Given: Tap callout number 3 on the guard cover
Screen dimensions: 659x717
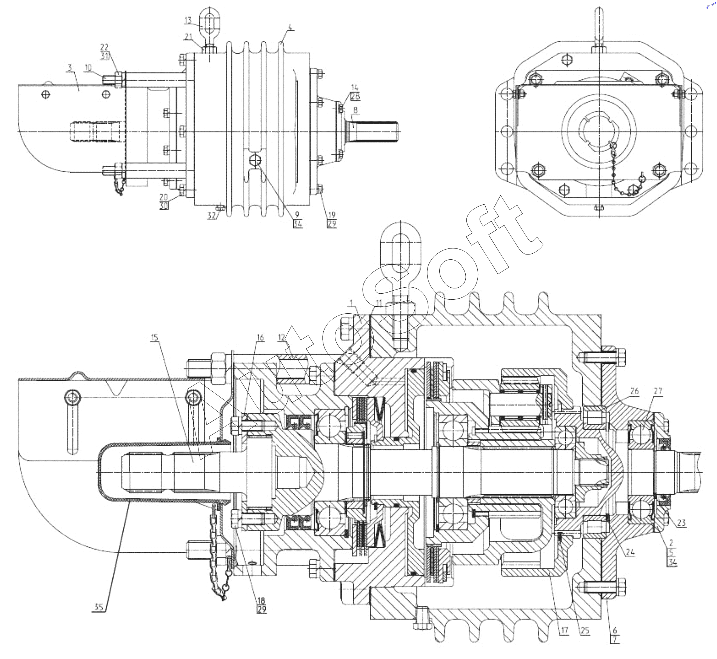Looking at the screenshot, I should click(x=69, y=67).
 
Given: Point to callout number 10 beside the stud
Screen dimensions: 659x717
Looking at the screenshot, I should click(x=88, y=67).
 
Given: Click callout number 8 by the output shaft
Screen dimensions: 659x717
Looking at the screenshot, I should click(x=355, y=110).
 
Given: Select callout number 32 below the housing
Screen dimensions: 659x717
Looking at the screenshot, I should click(x=212, y=216).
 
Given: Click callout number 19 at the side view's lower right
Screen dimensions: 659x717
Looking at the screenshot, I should click(x=332, y=215).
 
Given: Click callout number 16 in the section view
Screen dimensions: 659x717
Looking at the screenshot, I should click(x=260, y=337).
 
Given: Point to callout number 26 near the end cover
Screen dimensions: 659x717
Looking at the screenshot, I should click(x=634, y=391).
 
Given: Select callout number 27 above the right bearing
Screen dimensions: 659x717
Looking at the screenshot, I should click(x=658, y=391).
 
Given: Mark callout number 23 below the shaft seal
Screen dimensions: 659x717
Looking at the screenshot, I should click(x=681, y=523).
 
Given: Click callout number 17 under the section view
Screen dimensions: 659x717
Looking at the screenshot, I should click(x=564, y=630).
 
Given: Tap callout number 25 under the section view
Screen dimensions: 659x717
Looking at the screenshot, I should click(x=585, y=630).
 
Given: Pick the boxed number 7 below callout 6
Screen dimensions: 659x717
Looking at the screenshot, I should click(x=615, y=639).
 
